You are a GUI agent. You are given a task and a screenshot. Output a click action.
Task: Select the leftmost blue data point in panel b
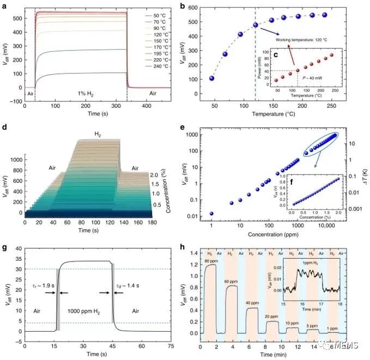pos(211,78)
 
